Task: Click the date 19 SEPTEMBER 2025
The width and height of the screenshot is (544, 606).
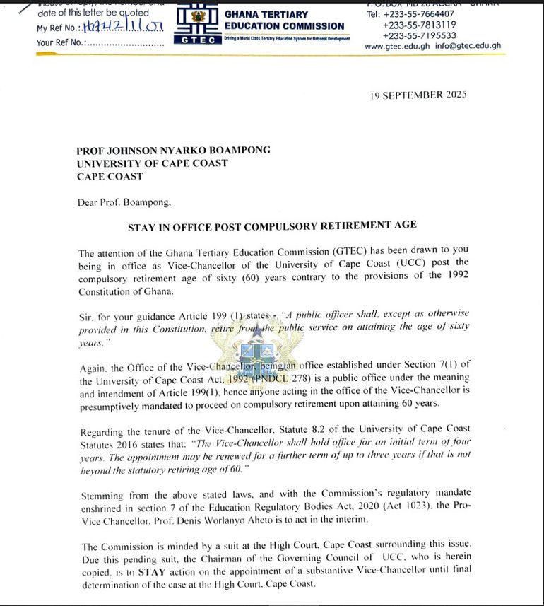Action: coord(418,95)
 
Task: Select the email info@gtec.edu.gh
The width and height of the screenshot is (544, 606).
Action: coord(468,46)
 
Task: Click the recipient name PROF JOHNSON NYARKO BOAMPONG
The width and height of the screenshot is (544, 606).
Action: coord(173,150)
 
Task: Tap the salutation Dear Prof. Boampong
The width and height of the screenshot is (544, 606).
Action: coord(124,202)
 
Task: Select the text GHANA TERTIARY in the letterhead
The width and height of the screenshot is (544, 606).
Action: coord(266,14)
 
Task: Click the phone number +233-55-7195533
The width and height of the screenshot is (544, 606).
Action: coord(419,35)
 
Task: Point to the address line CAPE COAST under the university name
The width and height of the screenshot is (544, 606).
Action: coord(110,177)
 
